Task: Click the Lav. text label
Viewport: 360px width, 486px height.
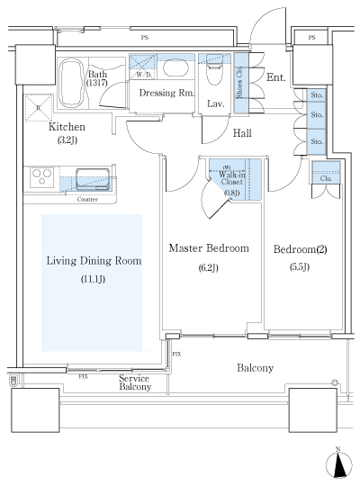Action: (215, 103)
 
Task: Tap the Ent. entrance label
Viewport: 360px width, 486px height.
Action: (276, 78)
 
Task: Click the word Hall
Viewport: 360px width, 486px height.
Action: (243, 134)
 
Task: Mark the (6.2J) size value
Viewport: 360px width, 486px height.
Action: (207, 267)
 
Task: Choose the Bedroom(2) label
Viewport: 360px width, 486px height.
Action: (298, 247)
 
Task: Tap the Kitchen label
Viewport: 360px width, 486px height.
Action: (67, 129)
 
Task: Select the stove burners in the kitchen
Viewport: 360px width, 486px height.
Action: (41, 178)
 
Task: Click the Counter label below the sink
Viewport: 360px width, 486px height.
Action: (87, 199)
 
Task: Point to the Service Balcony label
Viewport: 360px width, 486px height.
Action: (135, 382)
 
